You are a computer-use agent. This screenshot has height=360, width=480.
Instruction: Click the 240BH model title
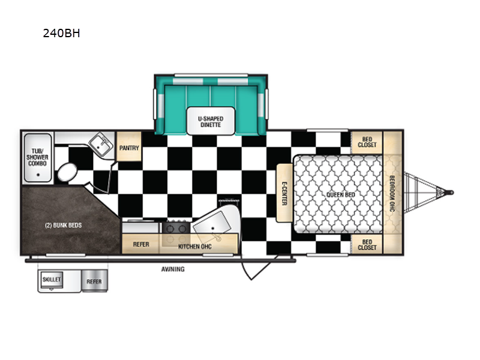pos(62,33)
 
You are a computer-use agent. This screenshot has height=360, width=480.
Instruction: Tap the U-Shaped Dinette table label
pos(211,122)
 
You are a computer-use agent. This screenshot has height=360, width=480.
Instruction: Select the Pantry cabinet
pos(129,146)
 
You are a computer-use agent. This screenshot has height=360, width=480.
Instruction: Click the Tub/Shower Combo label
pos(37,157)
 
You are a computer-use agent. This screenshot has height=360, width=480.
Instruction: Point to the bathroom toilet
pos(67,172)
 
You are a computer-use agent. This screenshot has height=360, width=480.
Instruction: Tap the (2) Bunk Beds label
pos(64,226)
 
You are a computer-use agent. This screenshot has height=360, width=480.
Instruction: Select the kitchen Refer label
pos(141,244)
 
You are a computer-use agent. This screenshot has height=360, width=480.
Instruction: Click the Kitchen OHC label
pos(194,247)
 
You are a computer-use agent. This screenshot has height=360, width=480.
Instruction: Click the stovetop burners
pos(176,228)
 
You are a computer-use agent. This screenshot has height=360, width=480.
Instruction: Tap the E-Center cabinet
pos(284,193)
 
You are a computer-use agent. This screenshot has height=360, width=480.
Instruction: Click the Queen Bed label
pos(340,194)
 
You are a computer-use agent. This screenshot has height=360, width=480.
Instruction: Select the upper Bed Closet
pos(367,142)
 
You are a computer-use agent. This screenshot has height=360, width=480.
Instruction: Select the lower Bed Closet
pos(367,244)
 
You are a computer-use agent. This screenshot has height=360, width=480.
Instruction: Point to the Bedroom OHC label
pos(392,193)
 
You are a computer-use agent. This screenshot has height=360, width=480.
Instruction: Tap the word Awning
pos(173,269)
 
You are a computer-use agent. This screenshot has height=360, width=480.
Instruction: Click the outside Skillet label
pos(52,279)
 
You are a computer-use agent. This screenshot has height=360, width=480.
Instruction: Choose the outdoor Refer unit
pos(95,281)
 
